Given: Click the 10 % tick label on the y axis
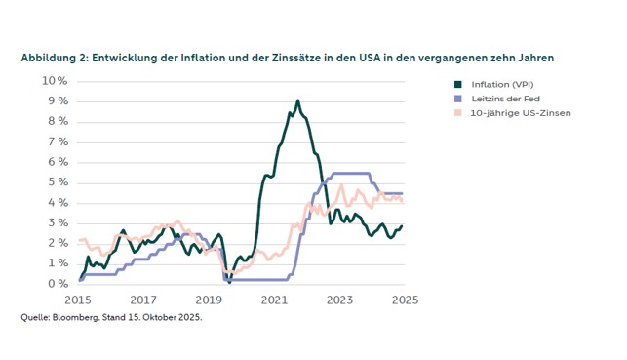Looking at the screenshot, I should point(55,80).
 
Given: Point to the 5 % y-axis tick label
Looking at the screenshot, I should point(58,182).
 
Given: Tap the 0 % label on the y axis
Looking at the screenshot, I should point(58,284).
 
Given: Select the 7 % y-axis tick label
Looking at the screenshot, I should point(58,141).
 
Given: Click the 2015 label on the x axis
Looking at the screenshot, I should point(78,300).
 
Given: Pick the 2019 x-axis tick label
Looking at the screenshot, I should point(209,300).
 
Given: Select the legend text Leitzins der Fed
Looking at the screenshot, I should point(507,99).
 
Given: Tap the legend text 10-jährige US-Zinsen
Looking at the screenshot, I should point(521,113).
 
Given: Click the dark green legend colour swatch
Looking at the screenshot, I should point(457,84).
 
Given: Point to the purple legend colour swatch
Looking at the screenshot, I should point(457,99).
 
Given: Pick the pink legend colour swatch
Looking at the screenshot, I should point(457,113).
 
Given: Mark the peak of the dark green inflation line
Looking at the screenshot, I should point(298,100).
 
